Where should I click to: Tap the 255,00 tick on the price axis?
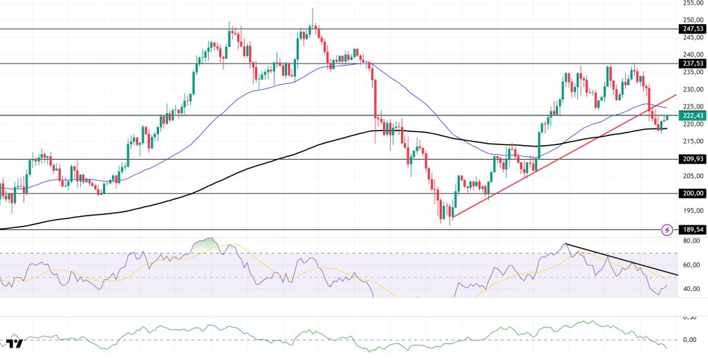pos(690,3)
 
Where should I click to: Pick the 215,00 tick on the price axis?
pos(690,142)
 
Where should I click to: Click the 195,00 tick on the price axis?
pos(690,211)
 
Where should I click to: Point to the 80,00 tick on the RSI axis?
pos(689,241)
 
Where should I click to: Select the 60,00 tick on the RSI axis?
pos(689,265)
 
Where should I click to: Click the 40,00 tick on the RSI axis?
pos(689,290)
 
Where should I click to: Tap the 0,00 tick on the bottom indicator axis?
pos(689,340)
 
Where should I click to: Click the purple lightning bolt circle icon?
pos(667,229)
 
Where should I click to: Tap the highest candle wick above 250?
pos(313,10)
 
